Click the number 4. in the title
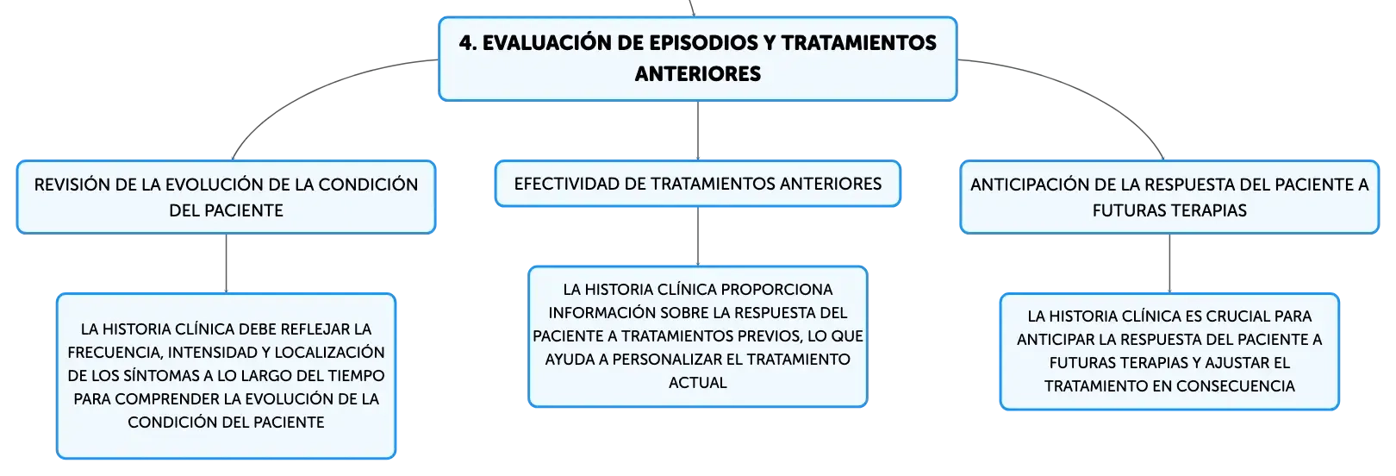[x=468, y=42]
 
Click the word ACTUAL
[x=698, y=382]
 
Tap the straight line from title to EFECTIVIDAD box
[x=698, y=130]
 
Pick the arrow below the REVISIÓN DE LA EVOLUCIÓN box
[x=227, y=263]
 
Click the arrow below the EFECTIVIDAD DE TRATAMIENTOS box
[x=698, y=236]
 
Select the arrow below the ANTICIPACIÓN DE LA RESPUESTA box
[x=1169, y=263]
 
